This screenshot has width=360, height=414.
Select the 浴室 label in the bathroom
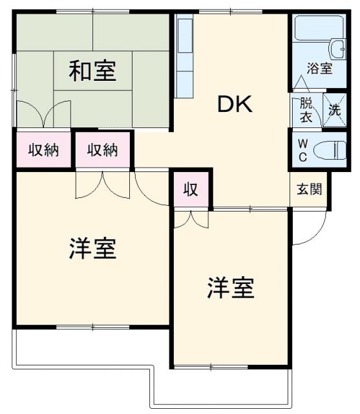pos(319,68)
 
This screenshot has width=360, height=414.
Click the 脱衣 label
pos(306,111)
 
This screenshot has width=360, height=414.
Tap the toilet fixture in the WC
pos(330,150)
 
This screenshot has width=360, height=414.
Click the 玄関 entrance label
pos(306,190)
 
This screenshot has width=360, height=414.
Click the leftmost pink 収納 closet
pos(43,150)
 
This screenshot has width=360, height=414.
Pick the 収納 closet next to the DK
pos(103,150)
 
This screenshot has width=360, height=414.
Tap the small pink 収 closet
pos(189,190)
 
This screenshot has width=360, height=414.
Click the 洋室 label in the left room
pos(92,248)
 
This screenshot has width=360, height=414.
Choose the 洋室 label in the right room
pos(230,287)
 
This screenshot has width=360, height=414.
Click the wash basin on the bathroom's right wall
pos(337,49)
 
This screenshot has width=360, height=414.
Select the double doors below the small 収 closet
pos(191,219)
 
